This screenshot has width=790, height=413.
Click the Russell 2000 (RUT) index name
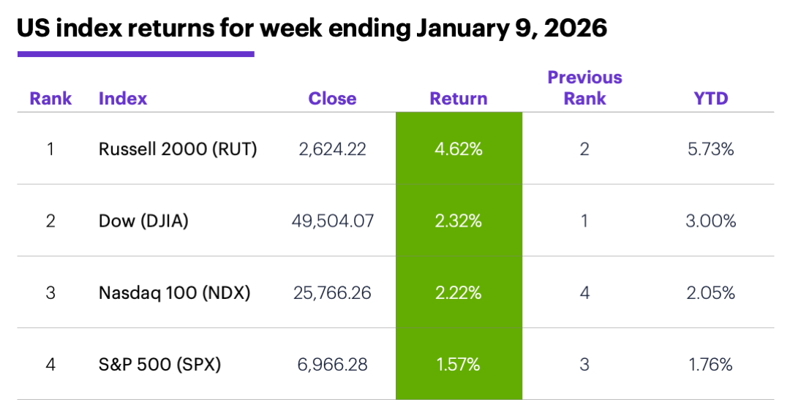tap(178, 149)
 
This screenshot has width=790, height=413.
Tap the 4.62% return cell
tap(459, 149)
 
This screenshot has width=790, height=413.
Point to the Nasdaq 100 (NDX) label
tap(174, 293)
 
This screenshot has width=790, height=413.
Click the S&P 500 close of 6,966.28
tap(333, 364)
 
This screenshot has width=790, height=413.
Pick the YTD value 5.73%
tap(710, 149)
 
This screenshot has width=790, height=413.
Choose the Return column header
tap(459, 99)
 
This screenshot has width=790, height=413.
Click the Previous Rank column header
tap(584, 88)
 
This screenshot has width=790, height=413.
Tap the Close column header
tap(332, 99)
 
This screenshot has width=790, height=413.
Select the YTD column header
tap(711, 99)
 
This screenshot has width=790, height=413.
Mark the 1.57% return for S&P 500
tap(459, 364)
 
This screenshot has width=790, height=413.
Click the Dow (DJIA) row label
tap(143, 221)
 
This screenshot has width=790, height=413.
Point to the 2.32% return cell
tap(459, 221)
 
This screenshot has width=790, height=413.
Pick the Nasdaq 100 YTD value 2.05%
tap(710, 293)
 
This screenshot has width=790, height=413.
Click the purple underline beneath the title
tap(136, 53)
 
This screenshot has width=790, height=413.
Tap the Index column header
tap(123, 99)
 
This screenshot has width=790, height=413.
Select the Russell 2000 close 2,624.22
tap(333, 149)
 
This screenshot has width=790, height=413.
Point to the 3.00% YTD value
tap(710, 221)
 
